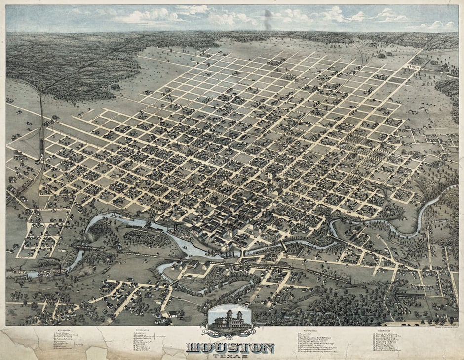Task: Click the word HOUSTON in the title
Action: [x=230, y=348]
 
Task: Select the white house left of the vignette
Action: [x=172, y=314]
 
